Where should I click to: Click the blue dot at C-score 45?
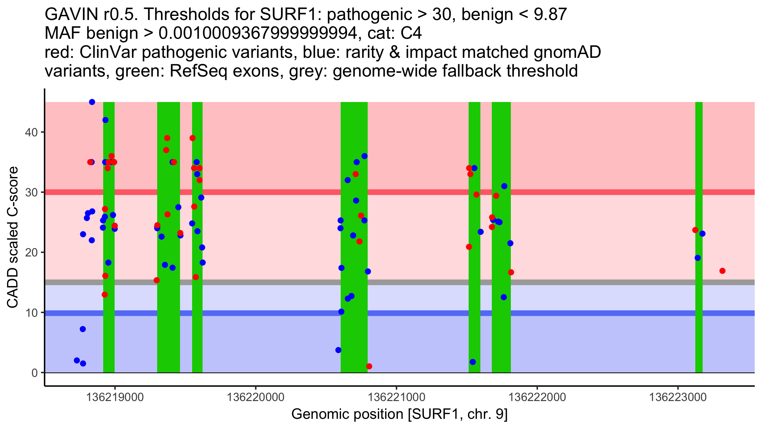92,102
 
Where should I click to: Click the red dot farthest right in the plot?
722,271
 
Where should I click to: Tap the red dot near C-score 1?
369,366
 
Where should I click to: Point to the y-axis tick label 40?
31,132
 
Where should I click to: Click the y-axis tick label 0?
35,373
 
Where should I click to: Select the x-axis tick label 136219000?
115,397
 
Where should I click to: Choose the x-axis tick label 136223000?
678,397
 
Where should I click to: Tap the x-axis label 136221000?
396,397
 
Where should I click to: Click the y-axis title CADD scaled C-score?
13,238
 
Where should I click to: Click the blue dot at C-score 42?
105,120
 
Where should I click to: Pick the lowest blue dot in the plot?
83,364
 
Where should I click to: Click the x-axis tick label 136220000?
256,397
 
